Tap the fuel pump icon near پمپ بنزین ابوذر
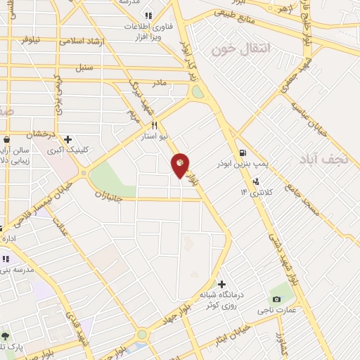pos(243,153)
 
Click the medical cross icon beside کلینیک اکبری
pos(67,139)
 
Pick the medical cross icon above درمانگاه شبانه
pos(222,284)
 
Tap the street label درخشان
pos(40,134)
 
